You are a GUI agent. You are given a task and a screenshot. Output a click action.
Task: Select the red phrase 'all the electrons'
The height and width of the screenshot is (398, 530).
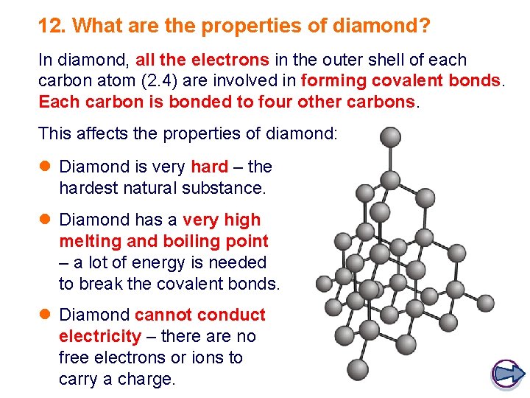pos(202,60)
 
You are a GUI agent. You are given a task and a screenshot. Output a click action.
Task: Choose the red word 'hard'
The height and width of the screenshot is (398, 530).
pos(209,167)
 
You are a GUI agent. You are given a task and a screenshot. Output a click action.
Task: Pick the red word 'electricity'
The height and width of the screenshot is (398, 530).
pos(100,336)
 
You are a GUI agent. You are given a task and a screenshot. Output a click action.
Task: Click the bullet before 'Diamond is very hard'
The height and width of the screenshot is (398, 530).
pos(45,167)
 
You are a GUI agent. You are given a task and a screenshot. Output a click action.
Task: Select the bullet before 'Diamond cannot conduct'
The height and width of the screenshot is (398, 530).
pos(45,315)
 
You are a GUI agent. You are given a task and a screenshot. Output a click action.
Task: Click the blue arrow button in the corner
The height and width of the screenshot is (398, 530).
pos(506,374)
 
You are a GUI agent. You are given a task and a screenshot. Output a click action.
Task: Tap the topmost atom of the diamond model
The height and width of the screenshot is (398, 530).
pos(390,136)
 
